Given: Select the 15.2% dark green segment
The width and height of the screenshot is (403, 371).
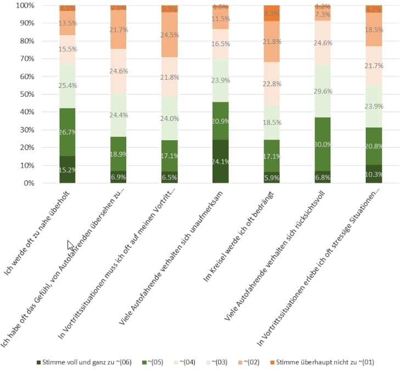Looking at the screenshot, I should pyautogui.click(x=68, y=169).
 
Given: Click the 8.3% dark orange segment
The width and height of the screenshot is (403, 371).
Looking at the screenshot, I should pyautogui.click(x=271, y=13).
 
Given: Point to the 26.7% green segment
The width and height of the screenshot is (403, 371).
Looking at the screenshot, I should pyautogui.click(x=68, y=132).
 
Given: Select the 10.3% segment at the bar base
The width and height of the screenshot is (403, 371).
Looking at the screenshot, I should pyautogui.click(x=373, y=174).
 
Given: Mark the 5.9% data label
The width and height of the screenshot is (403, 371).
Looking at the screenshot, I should pyautogui.click(x=271, y=178).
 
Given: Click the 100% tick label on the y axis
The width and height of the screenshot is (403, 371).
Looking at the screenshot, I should pyautogui.click(x=25, y=5).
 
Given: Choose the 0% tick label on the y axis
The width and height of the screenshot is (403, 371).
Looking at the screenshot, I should pyautogui.click(x=28, y=183).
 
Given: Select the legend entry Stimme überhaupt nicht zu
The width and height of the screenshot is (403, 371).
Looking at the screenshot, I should pyautogui.click(x=324, y=362).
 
